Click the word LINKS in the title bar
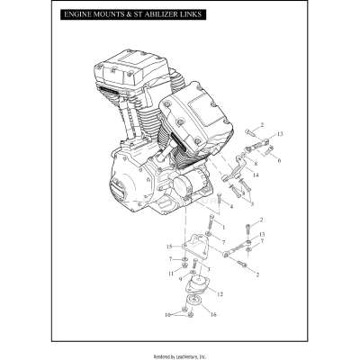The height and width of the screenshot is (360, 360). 188,15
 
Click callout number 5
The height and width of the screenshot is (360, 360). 239,204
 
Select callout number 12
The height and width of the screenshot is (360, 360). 220,294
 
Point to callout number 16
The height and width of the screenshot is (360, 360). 213,314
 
